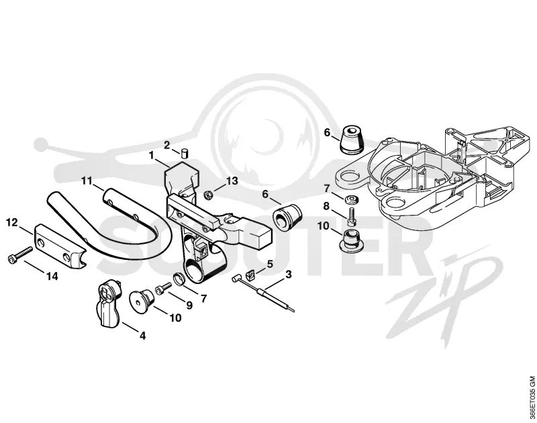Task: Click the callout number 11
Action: [87, 181]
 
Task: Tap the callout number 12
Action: [12, 223]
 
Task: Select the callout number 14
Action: [52, 276]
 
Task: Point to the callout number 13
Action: [232, 181]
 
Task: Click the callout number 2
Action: [166, 145]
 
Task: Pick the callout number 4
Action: [142, 336]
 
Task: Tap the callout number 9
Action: [189, 305]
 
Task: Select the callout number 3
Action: [289, 275]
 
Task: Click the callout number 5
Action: [270, 264]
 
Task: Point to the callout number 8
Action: [326, 206]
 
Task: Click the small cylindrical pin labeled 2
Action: [185, 153]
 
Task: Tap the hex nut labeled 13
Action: [207, 195]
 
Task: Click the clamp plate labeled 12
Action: [59, 245]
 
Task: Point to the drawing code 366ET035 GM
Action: [532, 398]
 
